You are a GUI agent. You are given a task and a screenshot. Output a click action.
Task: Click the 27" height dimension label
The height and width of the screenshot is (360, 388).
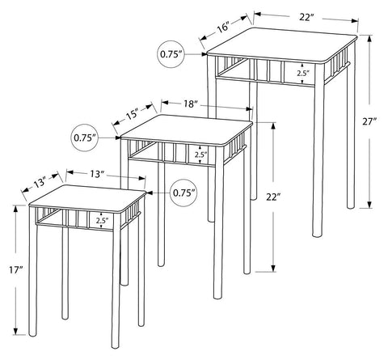(369, 121)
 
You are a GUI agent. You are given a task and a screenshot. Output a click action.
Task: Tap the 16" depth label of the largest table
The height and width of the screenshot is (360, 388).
(224, 28)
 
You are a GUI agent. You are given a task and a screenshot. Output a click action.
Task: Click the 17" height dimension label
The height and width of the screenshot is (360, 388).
(15, 269)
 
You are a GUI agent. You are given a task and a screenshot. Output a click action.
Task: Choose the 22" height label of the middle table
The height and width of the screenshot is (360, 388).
(272, 197)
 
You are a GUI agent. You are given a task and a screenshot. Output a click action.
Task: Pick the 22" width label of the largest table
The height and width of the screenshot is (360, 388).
(307, 17)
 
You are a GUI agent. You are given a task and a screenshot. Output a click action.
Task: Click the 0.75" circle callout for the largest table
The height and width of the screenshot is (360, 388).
(170, 54)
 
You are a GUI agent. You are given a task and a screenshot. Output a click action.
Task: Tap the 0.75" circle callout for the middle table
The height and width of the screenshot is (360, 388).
(85, 138)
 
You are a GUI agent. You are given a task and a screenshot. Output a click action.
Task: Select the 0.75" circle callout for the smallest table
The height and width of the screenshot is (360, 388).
(183, 193)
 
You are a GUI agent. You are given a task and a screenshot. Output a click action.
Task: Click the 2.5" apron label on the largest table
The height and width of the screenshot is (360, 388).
(303, 73)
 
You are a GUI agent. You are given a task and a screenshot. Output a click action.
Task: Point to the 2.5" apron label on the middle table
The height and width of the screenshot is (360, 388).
(200, 155)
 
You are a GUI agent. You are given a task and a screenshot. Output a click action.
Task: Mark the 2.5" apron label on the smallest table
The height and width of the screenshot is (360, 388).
(102, 221)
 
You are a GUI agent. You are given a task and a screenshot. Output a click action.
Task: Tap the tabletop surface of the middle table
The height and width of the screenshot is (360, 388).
(187, 130)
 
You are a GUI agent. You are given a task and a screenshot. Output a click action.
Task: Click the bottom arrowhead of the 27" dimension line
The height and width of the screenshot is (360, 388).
(369, 205)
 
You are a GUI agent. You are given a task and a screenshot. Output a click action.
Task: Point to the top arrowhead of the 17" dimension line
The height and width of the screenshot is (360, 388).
(16, 209)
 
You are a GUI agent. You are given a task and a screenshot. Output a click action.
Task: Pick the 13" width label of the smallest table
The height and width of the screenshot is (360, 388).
(97, 174)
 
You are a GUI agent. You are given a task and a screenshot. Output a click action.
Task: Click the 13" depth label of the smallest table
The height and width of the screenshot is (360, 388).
(40, 183)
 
